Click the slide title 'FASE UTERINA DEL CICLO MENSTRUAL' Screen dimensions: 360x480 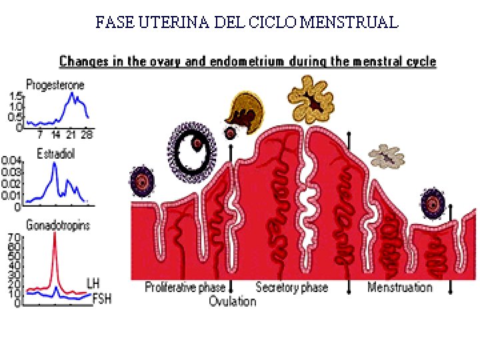(x=247, y=23)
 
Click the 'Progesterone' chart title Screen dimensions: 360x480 (x=55, y=85)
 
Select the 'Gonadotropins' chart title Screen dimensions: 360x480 (x=58, y=225)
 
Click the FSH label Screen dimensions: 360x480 (x=101, y=299)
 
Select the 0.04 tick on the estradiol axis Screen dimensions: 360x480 (x=12, y=161)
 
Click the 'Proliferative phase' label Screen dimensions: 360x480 (x=185, y=287)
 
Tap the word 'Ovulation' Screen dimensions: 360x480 (x=232, y=301)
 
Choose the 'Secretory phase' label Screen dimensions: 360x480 (x=292, y=287)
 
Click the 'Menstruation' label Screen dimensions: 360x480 (x=400, y=287)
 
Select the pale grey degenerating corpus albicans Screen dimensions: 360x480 (x=386, y=156)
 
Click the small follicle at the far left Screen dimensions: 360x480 (x=142, y=181)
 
